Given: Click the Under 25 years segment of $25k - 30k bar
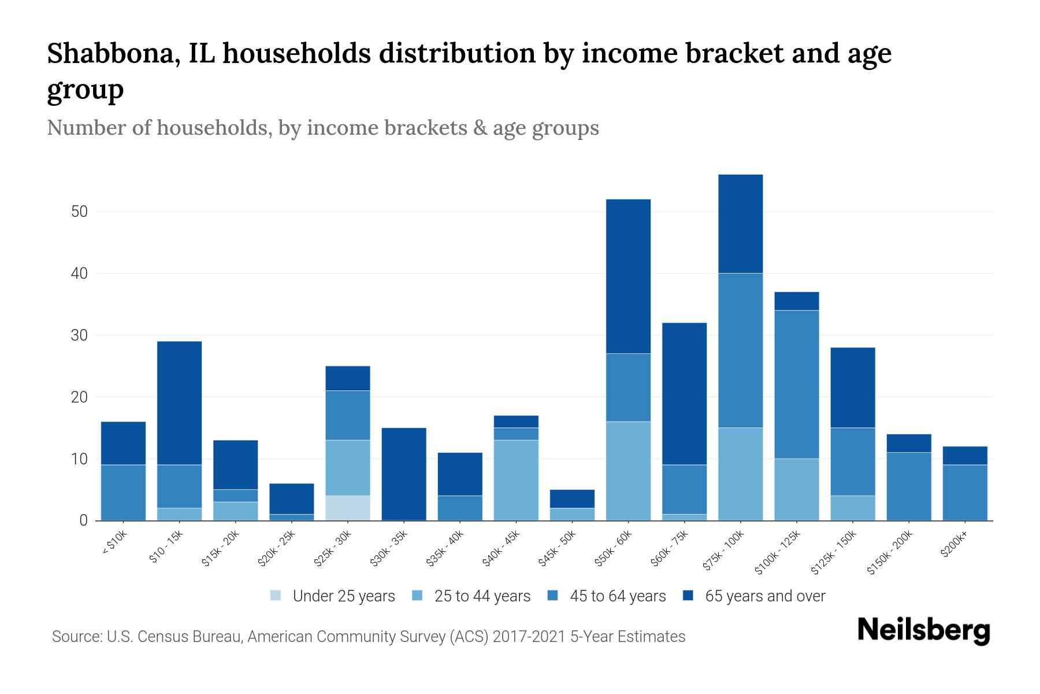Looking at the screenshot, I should (348, 508).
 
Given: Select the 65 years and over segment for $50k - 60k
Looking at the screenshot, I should (628, 276).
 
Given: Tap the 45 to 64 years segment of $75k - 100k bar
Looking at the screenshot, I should (740, 350).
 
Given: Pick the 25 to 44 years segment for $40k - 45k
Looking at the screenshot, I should (516, 480).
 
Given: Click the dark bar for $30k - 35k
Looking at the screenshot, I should (404, 474).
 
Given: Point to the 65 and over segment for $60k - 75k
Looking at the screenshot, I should (684, 394).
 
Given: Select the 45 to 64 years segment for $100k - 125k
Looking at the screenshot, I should (796, 385).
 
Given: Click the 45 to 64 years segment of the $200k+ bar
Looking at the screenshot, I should (964, 493).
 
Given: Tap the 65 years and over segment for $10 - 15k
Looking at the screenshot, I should (179, 403).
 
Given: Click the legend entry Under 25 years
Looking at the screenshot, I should (343, 596).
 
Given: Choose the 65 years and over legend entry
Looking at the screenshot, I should (764, 596).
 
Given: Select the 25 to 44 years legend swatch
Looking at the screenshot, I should (417, 596).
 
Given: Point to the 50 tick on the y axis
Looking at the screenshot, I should (79, 212).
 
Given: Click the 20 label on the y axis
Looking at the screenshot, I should (79, 397).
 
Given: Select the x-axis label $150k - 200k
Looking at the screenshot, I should (890, 552).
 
